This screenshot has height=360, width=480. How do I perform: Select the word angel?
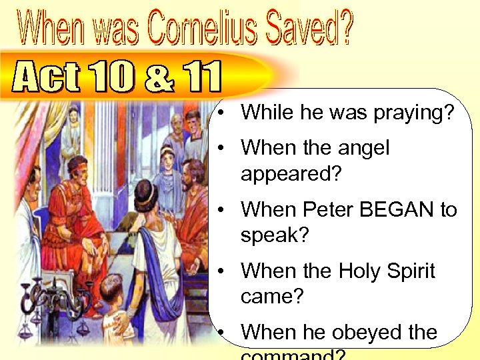point(357,147)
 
